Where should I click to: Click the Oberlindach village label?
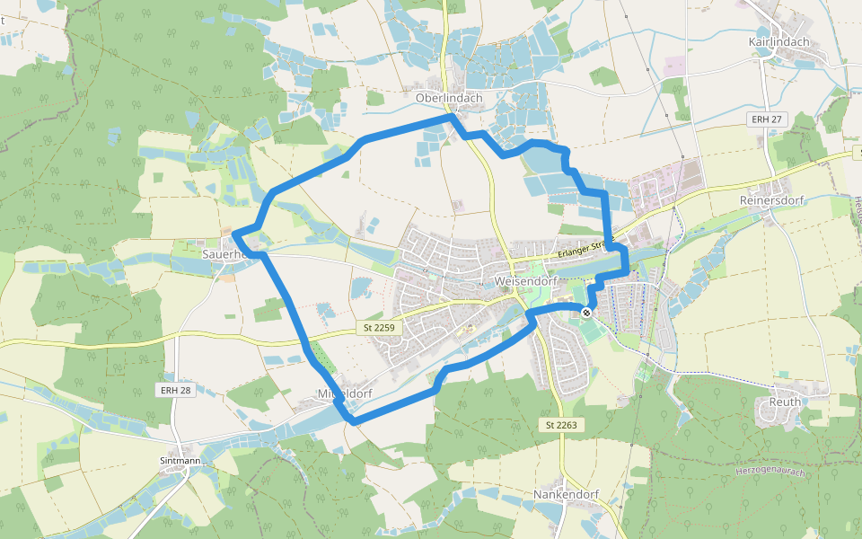pos(449,98)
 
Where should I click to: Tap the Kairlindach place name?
pos(778,42)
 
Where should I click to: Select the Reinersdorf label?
pos(771,199)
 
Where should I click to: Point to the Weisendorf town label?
pos(525,281)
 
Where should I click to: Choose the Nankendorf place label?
pos(566,495)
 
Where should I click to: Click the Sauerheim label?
pos(224,254)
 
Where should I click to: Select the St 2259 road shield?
pos(380,329)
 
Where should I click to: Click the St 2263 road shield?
pos(563,423)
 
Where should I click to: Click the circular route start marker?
pos(586,313)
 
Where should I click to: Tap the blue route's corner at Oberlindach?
pos(451,117)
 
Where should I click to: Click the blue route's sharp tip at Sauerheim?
pos(234,234)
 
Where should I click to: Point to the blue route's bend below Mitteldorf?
pos(354,420)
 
